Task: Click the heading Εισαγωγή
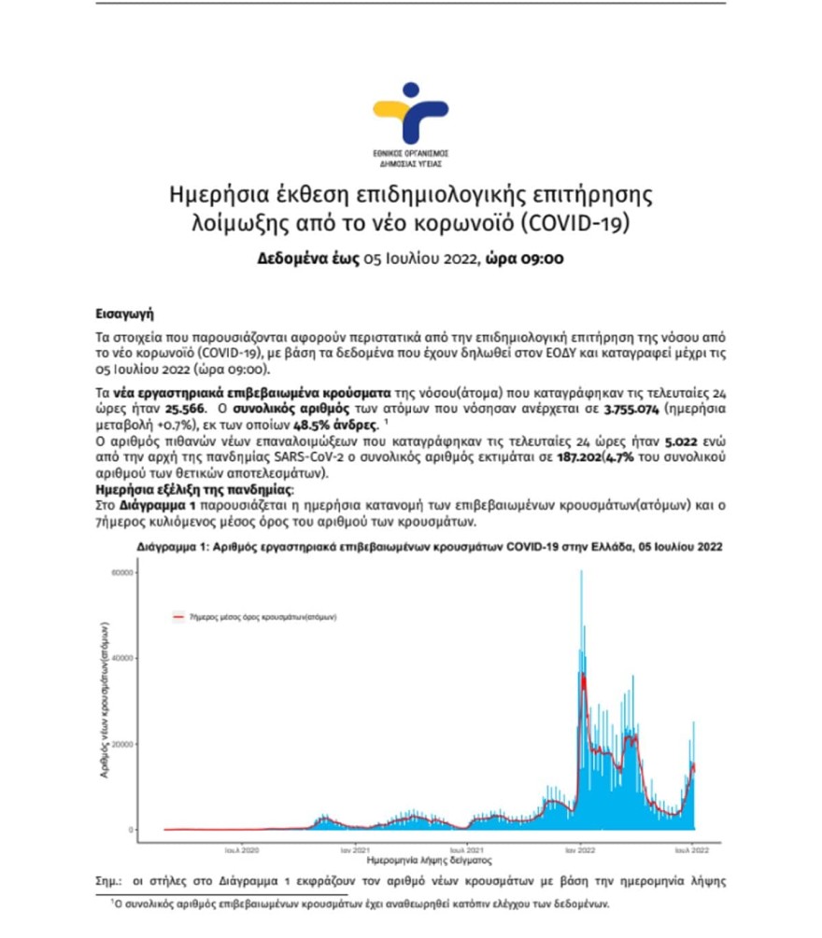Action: point(124,315)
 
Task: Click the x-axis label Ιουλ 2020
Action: point(242,850)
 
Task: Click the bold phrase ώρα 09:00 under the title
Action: point(523,259)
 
